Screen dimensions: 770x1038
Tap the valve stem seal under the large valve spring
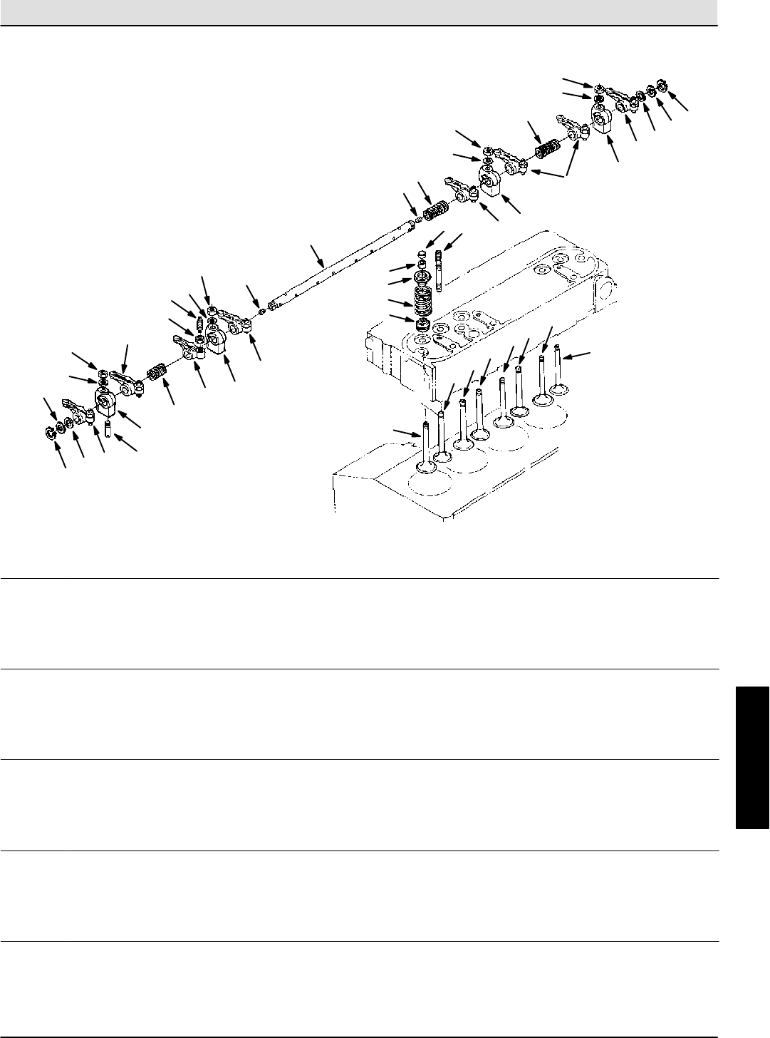(x=424, y=325)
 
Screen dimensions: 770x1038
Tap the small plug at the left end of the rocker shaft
(x=261, y=312)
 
